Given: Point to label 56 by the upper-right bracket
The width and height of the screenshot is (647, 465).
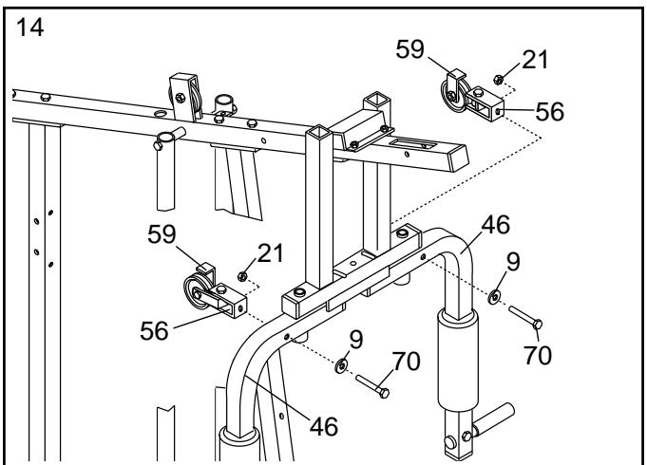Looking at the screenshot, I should (549, 111).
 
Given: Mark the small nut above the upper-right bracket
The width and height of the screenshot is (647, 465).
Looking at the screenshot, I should (497, 80).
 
